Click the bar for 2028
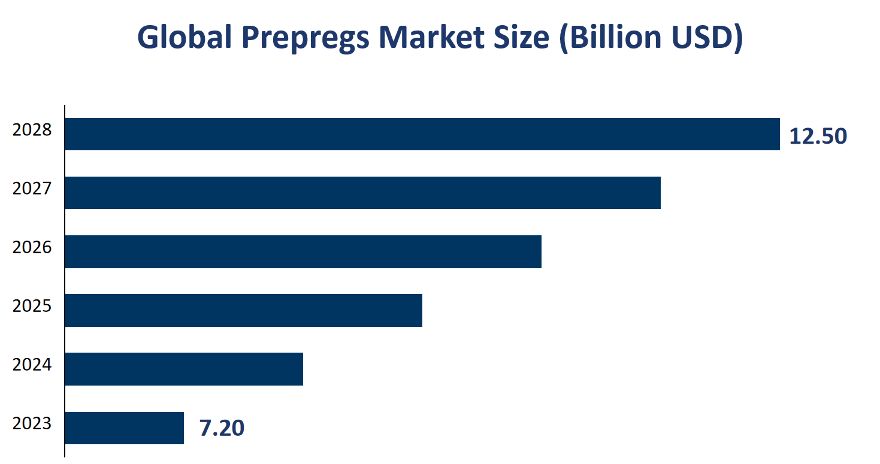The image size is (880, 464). click(422, 134)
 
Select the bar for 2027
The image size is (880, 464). click(362, 193)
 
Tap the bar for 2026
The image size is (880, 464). click(303, 251)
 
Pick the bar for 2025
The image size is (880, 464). click(243, 310)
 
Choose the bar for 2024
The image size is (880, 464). click(183, 369)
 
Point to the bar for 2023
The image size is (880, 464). click(124, 427)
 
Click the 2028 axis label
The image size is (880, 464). click(32, 130)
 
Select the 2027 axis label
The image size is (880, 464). click(32, 189)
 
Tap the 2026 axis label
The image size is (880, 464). click(32, 247)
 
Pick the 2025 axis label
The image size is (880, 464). click(32, 306)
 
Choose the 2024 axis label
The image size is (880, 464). click(32, 365)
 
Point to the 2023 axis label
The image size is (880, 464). click(32, 423)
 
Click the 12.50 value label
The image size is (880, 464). click(818, 137)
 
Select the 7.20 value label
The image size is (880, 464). click(222, 429)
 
